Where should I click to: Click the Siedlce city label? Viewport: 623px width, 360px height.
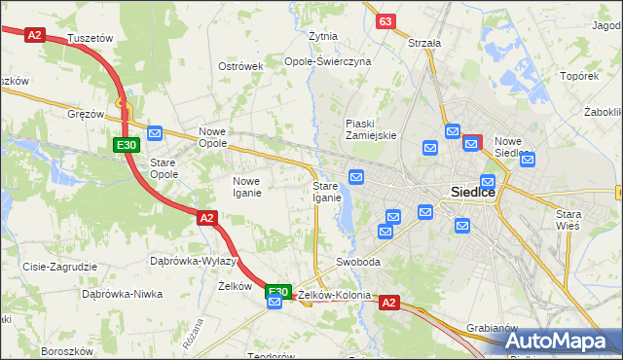[472, 193]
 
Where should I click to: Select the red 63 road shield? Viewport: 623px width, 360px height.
[386, 21]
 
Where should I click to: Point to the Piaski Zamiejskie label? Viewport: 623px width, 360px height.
[371, 129]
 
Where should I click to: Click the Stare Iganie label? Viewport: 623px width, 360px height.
[326, 191]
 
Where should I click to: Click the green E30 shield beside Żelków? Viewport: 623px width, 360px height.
[278, 290]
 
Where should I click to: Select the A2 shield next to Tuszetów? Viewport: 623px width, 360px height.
[35, 34]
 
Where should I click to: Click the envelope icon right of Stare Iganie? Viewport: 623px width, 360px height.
[356, 176]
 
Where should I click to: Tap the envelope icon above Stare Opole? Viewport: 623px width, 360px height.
[155, 133]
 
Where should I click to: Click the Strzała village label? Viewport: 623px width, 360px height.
[424, 43]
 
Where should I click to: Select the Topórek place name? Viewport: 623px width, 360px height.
[579, 75]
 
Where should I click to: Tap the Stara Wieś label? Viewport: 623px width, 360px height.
[567, 219]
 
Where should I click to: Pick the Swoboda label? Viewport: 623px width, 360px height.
[358, 263]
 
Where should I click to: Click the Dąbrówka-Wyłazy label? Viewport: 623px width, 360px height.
[194, 261]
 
